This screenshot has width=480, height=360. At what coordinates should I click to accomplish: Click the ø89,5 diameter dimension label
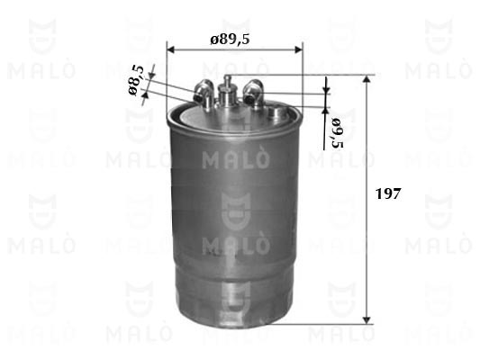(x=230, y=40)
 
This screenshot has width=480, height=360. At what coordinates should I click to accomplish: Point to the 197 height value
(x=388, y=193)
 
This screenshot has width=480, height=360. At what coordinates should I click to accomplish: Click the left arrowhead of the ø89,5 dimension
(x=170, y=49)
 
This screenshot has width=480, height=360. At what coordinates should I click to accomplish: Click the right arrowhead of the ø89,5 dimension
(x=298, y=49)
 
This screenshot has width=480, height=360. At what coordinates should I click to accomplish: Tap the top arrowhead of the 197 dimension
(x=367, y=78)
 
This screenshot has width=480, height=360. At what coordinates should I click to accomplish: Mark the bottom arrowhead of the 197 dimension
(x=367, y=320)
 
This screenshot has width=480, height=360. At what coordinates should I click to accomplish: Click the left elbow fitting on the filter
(x=203, y=92)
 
